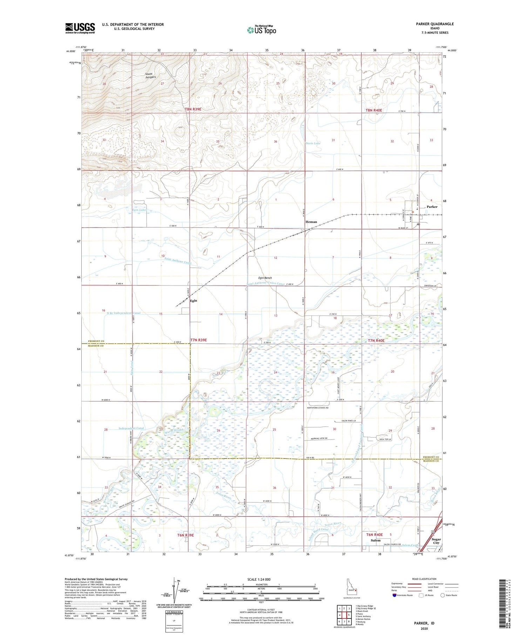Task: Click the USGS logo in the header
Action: pos(80,28)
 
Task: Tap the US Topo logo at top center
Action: pos(261,30)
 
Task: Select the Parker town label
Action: pos(432,207)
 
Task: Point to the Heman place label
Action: pos(311,222)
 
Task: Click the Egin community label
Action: pos(193,301)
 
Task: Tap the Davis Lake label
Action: pos(313,143)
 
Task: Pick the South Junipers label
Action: pos(150,75)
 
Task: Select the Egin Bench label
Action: pos(265,278)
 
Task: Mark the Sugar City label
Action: pos(436,541)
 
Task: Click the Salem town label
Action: pos(376,540)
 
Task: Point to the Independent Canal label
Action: pos(131,428)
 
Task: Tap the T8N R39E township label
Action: pos(193,109)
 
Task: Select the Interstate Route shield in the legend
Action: pos(394,595)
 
